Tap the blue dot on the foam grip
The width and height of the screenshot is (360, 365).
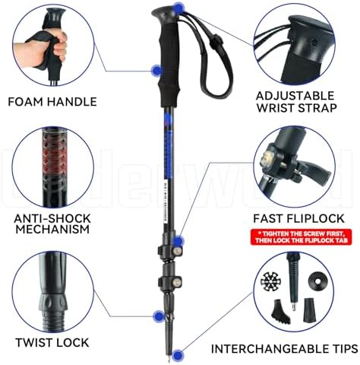point(156,70)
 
